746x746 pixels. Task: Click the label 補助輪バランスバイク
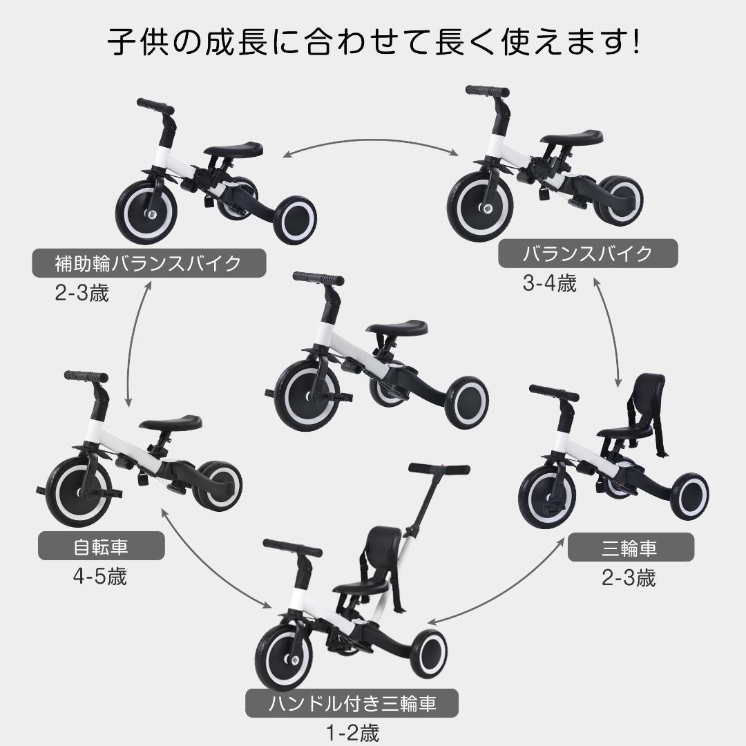[149, 263]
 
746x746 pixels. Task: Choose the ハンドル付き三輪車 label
[352, 705]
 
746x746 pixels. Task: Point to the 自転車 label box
[102, 548]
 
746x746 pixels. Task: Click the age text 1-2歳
[352, 732]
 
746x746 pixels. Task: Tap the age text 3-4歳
[549, 283]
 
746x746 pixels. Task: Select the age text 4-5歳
[100, 577]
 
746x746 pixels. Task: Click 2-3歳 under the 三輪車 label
[629, 578]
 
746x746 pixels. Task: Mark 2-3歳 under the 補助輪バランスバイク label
[82, 293]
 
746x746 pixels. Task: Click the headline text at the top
[373, 43]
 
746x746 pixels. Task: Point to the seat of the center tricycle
[396, 327]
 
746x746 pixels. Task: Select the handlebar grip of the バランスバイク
[487, 91]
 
